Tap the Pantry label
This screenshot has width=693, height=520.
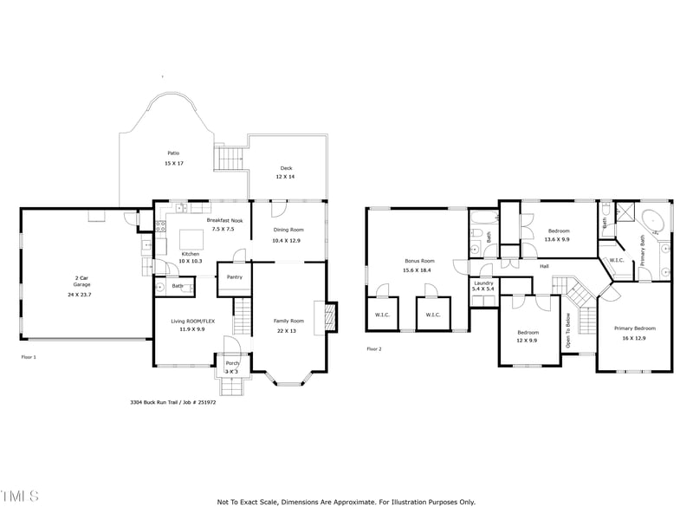pos(234,277)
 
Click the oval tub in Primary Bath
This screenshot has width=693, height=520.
pos(654,220)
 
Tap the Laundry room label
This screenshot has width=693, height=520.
pos(483,282)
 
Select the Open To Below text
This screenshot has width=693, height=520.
pos(568,329)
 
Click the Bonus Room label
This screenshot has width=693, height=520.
pos(418,261)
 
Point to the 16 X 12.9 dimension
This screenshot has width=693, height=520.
pos(634,338)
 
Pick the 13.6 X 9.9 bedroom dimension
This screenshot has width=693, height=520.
pos(559,239)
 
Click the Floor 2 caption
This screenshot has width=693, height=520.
pos(374,348)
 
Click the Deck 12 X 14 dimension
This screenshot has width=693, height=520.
pos(286,177)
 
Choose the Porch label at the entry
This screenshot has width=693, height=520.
pos(233,363)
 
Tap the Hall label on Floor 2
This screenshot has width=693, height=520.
pos(544,266)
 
